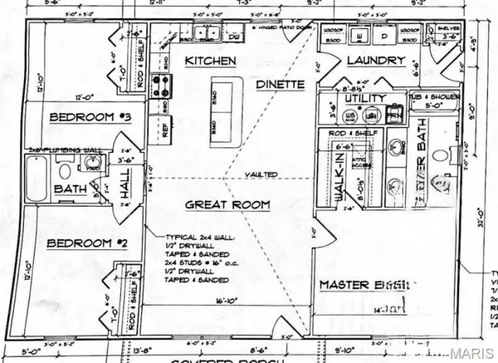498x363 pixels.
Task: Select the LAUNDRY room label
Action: pyautogui.click(x=376, y=61)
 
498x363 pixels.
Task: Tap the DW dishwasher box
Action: pyautogui.click(x=234, y=37)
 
